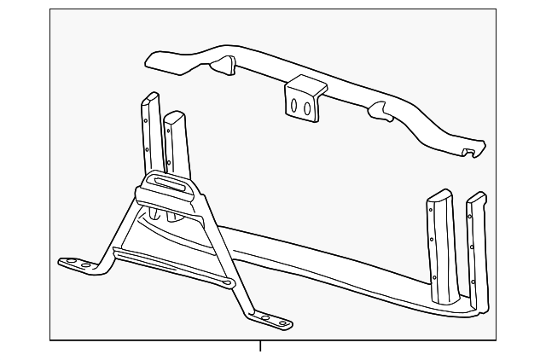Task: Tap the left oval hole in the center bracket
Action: point(294,106)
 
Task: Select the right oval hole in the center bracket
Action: point(305,107)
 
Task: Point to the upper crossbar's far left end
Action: point(152,59)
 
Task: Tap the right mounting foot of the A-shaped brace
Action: point(271,321)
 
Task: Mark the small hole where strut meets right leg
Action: point(227,282)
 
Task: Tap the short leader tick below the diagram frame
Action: point(261,346)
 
